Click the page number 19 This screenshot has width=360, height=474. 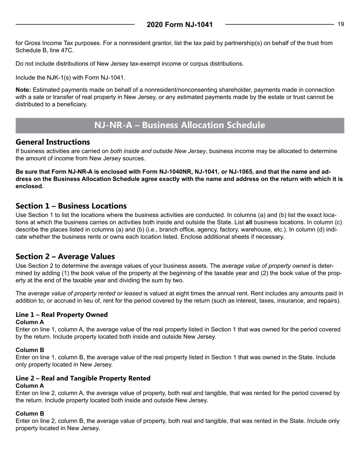click(x=341, y=24)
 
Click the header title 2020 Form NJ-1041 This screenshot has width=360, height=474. click(x=180, y=25)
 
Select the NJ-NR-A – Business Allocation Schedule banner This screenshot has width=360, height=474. click(x=180, y=125)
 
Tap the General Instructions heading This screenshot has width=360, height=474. click(x=53, y=142)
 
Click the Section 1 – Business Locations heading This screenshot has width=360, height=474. click(x=71, y=206)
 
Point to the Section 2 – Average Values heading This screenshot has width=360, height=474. click(x=65, y=256)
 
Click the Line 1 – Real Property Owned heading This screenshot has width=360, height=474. click(x=61, y=315)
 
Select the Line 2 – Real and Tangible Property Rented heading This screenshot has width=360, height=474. click(x=83, y=378)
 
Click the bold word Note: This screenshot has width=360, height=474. click(x=23, y=90)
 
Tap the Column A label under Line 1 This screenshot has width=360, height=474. click(x=30, y=322)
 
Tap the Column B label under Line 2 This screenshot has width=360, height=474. click(x=30, y=413)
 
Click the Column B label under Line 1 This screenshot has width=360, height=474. click(x=30, y=350)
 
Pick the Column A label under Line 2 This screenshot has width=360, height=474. click(x=30, y=385)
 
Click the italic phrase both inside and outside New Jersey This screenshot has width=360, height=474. click(x=158, y=151)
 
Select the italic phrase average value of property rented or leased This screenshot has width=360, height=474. click(x=85, y=293)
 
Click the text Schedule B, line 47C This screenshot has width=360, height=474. click(x=45, y=50)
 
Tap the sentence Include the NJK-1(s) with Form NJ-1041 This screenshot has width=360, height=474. click(x=70, y=78)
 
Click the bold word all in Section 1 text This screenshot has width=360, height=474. click(x=249, y=223)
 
